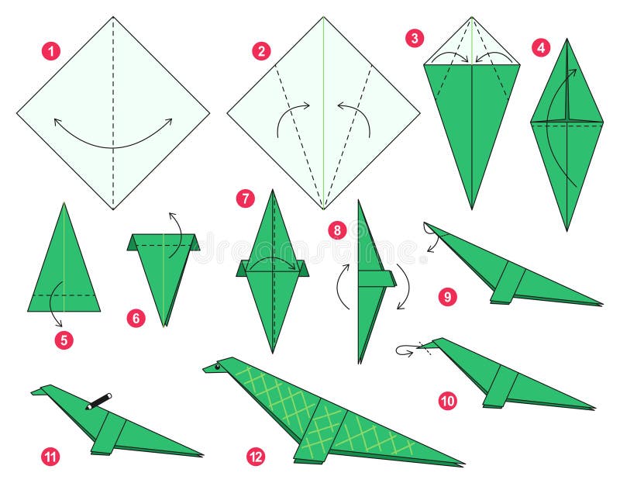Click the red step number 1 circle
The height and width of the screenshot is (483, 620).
tap(51, 52)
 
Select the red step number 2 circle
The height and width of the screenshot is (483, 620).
tap(262, 52)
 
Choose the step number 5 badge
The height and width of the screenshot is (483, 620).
tap(64, 339)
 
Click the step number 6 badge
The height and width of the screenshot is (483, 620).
tap(136, 317)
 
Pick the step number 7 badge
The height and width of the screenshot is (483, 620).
tap(246, 199)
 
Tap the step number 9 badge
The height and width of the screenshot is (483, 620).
tap(447, 296)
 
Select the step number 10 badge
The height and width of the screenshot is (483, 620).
tap(447, 400)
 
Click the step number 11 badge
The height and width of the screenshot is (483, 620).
tap(50, 457)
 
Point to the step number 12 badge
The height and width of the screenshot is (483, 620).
tap(256, 457)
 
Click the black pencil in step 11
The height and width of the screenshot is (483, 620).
tap(98, 401)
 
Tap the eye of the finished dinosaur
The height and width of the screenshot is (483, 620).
tap(218, 365)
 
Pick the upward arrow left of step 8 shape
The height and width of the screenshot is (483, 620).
tap(339, 286)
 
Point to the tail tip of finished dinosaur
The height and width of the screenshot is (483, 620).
tap(462, 464)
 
